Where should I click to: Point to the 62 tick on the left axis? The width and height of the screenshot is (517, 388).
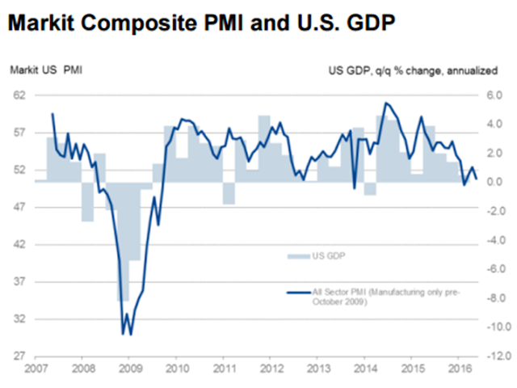coord(19,95)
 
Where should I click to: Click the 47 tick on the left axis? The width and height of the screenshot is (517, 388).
coord(19,208)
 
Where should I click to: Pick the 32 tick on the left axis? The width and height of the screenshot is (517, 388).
coord(19,319)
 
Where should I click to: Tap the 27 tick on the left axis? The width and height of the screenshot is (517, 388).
coord(19,356)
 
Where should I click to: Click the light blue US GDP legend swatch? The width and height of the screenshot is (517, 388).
coord(297,255)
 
